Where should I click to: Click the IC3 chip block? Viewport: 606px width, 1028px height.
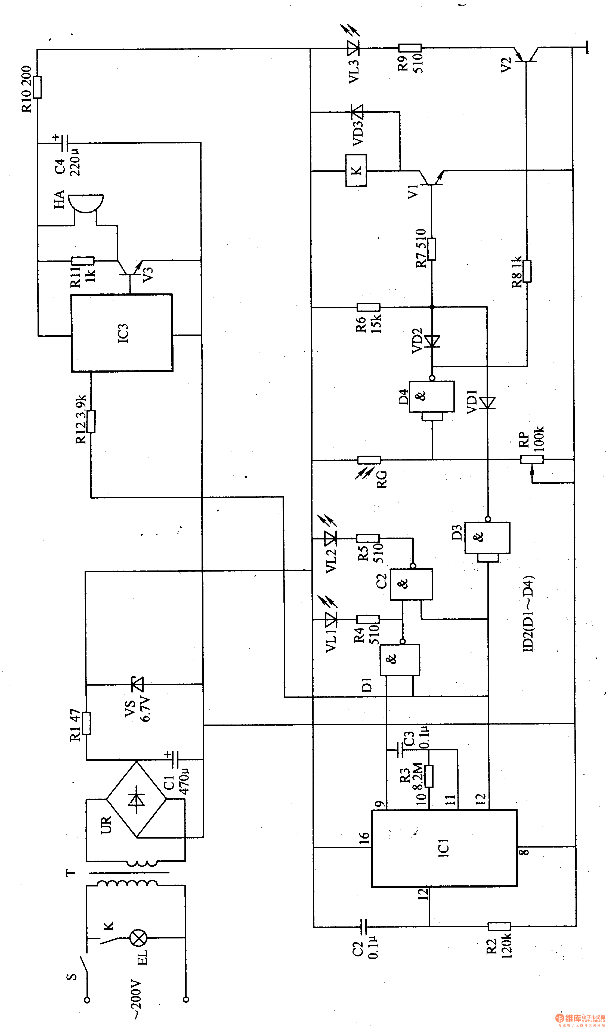coord(122,333)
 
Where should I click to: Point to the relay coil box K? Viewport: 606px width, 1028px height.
coord(356,170)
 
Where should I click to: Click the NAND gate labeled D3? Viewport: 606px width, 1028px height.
coord(487,538)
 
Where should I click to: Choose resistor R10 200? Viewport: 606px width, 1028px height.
coord(38,87)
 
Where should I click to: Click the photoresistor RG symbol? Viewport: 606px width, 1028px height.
coord(369,460)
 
